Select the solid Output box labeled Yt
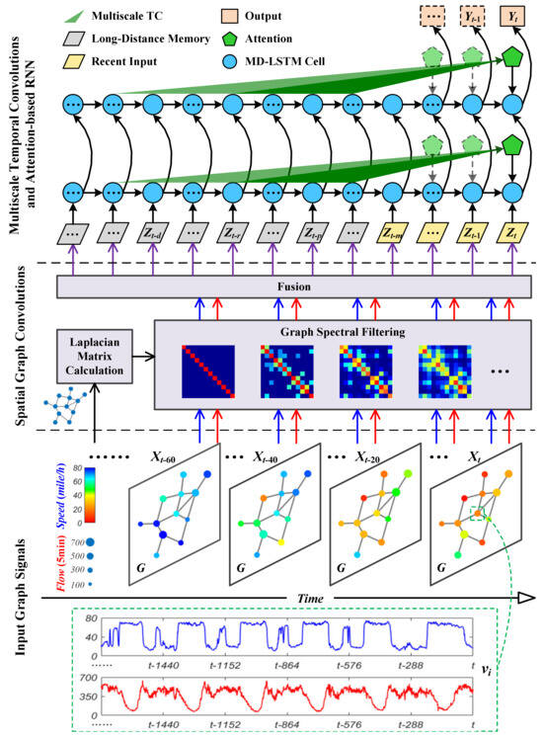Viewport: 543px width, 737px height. [511, 17]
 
